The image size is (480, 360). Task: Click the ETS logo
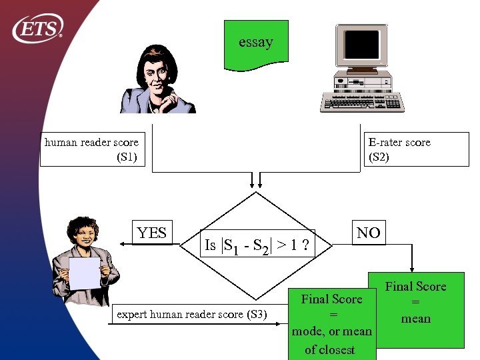pyautogui.click(x=38, y=27)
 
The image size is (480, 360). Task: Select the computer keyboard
pyautogui.click(x=363, y=102)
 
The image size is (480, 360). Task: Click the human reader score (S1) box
pyautogui.click(x=92, y=149)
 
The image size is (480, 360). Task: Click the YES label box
pyautogui.click(x=151, y=233)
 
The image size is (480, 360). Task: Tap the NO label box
pyautogui.click(x=369, y=233)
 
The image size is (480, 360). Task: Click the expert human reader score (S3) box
pyautogui.click(x=191, y=314)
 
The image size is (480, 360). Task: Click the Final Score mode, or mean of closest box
pyautogui.click(x=332, y=324)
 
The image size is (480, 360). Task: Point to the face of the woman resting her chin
pyautogui.click(x=157, y=78)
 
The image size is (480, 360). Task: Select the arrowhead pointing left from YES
pyautogui.click(x=124, y=245)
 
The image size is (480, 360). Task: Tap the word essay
pyautogui.click(x=256, y=42)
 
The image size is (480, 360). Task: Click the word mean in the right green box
pyautogui.click(x=416, y=319)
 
